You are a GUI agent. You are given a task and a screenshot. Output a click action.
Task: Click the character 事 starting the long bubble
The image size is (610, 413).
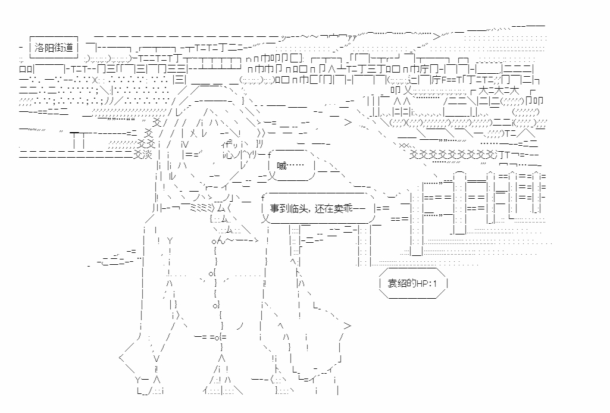coord(274,209)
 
